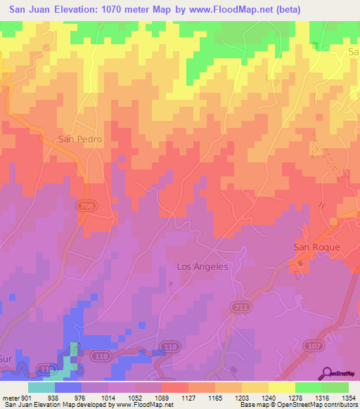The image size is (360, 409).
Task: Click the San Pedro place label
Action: click(79, 139)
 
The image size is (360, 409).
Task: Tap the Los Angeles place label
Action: click(202, 266)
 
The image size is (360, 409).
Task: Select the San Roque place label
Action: click(316, 247)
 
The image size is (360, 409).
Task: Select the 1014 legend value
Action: click(108, 397)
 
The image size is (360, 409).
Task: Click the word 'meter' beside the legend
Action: click(8, 397)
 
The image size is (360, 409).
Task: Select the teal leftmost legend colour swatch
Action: click(41, 387)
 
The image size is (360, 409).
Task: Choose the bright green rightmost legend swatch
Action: click(335, 387)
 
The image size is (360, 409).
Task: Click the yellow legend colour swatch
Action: click(281, 387)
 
